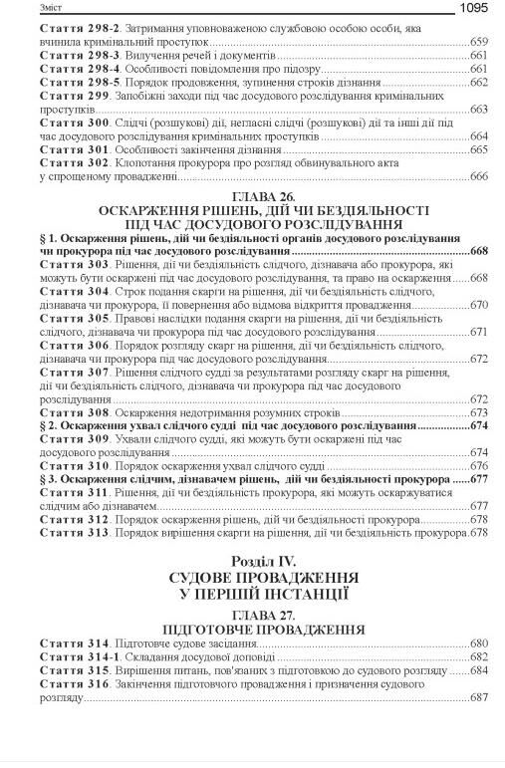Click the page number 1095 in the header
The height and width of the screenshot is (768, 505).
point(477,9)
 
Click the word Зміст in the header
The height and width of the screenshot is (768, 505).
point(23,9)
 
